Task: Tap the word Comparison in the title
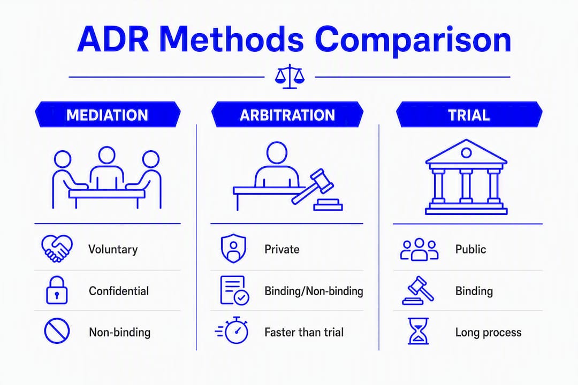point(413,40)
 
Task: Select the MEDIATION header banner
point(108,114)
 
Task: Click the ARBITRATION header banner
point(287,114)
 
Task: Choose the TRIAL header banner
point(469,114)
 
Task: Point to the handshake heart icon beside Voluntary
point(57,249)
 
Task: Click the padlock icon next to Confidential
point(57,290)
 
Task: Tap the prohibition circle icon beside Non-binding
point(57,331)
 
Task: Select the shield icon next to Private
point(233,248)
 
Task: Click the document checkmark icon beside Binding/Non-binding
point(234,290)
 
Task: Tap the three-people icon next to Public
point(419,249)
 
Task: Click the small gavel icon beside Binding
point(419,290)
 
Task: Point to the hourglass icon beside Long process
point(419,331)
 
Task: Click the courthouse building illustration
point(466,177)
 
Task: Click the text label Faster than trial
point(304,332)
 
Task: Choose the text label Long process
point(489,333)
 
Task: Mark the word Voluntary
point(113,249)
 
